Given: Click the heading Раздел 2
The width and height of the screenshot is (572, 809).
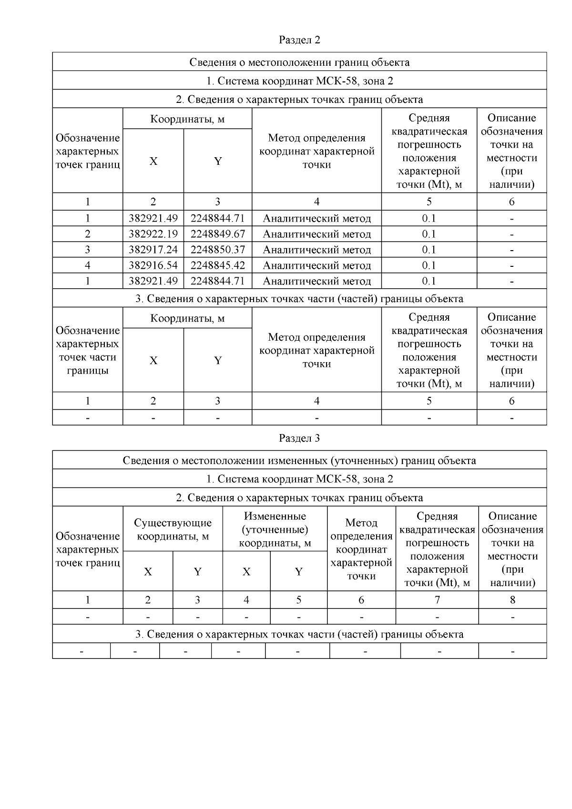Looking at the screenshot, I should pos(299,40).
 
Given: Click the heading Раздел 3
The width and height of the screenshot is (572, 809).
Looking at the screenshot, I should pos(299,438).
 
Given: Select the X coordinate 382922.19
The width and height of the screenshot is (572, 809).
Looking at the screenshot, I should pos(153,234).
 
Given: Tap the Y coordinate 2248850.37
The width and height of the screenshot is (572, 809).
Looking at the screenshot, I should pos(217,250).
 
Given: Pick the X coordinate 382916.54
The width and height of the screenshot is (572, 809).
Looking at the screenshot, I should pos(153,265).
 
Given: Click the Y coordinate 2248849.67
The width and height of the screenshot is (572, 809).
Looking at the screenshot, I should pos(217,234).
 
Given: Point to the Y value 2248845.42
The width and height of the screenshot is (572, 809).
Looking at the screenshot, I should pos(217,265).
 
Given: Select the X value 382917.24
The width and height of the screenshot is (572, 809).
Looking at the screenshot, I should pos(153,250).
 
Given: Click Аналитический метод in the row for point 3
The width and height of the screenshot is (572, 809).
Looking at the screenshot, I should pos(317,250).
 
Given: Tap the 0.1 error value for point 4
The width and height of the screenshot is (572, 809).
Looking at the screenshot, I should pos(429,265).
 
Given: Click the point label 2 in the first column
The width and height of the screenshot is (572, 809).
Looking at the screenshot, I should pos(88,234).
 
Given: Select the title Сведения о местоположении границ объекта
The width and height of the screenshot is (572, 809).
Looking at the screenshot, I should pos(299,62).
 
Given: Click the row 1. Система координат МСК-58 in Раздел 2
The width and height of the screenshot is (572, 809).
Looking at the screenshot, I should pos(299,81).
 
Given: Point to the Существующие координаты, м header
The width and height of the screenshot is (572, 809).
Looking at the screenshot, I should pos(173,529).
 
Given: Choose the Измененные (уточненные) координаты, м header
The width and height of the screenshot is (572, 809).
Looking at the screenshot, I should pos(275,529).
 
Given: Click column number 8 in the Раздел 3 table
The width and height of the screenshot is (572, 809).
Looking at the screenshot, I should pos(512,600).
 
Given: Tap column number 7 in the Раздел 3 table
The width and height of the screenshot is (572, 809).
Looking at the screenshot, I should pos(437,600).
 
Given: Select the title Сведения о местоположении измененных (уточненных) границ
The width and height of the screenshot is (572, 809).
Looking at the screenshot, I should pos(299,461).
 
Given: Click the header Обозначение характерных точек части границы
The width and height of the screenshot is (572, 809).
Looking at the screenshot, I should pos(88,350).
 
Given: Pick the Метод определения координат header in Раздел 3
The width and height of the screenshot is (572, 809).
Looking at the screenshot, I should pos(361,549).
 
